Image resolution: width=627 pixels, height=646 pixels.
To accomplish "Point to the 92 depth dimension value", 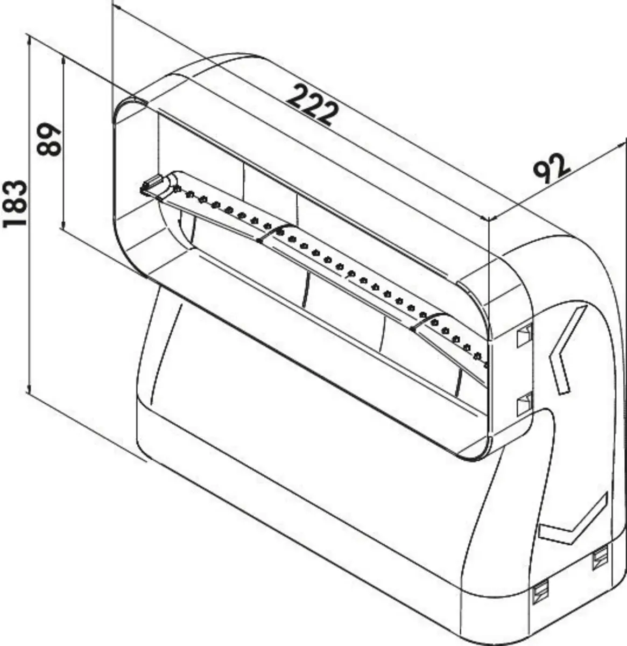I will (552, 168).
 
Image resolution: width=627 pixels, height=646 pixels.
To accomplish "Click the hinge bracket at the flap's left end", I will (153, 185).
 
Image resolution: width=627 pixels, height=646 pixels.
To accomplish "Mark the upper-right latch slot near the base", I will (599, 559).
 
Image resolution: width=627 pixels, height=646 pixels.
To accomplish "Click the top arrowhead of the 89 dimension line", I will (64, 61).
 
